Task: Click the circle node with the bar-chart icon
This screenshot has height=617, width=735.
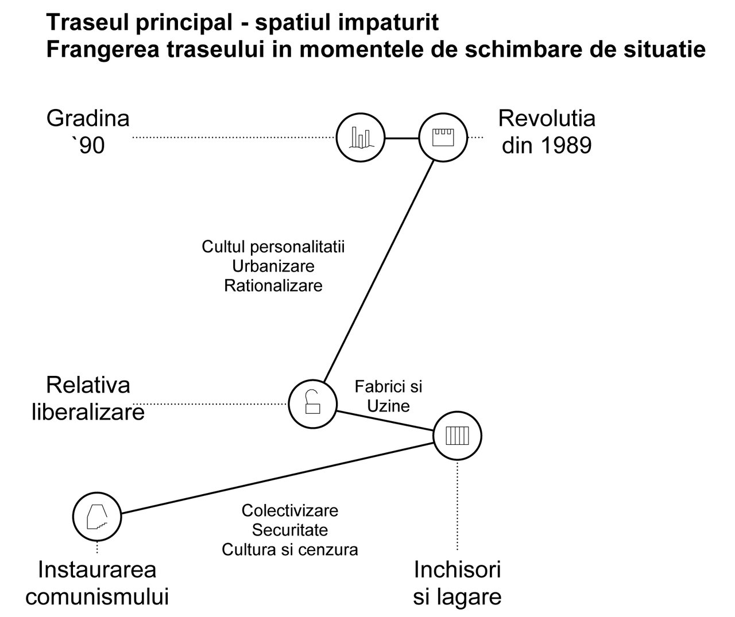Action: click(360, 138)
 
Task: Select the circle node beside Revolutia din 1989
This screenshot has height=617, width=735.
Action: click(443, 138)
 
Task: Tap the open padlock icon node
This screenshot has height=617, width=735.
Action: click(312, 403)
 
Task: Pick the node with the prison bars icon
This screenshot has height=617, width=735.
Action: click(458, 436)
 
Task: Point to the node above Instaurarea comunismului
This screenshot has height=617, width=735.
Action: click(97, 516)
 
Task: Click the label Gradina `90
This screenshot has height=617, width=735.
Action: click(88, 132)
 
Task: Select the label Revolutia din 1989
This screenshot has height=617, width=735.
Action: click(547, 132)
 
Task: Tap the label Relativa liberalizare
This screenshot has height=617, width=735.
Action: click(88, 398)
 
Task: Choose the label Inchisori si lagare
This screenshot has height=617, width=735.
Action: click(457, 583)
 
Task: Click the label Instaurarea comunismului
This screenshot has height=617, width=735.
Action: click(97, 583)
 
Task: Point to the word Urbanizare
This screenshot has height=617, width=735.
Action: click(273, 266)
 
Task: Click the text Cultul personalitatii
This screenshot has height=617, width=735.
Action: click(273, 247)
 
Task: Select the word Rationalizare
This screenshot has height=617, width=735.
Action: click(273, 285)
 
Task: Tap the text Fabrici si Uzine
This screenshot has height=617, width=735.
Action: click(388, 396)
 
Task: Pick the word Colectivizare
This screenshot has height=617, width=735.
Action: click(290, 510)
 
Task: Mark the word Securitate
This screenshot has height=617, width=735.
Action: click(290, 530)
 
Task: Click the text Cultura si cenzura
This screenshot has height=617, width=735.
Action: click(290, 549)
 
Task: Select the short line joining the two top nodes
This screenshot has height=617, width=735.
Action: click(401, 138)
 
